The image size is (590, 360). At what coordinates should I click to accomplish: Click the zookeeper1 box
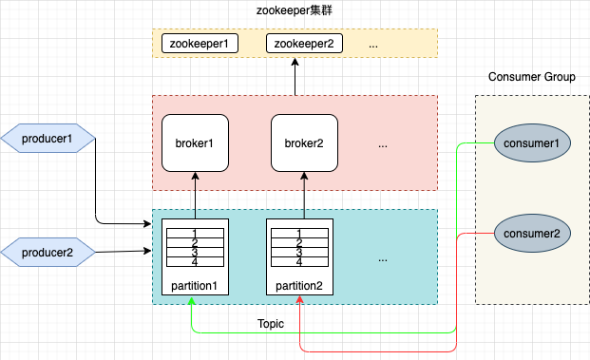pos(200,43)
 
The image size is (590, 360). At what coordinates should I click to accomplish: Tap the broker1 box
pos(195,143)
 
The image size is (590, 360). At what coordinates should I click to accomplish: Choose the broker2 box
pos(304,143)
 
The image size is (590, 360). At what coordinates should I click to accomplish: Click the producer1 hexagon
pos(48,140)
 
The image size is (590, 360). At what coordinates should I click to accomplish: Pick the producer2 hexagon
pos(48,252)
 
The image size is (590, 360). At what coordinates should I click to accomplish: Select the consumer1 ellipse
pos(531,142)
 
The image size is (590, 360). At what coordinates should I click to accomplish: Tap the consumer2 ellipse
pos(531,233)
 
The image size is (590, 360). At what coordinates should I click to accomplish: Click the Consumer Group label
pos(531,77)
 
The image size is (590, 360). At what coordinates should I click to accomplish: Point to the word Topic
pos(271,324)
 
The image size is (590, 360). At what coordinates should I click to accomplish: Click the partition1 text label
pos(195,286)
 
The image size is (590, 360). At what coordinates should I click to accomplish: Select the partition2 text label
pos(299,286)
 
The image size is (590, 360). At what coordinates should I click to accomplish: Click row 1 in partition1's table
pos(195,233)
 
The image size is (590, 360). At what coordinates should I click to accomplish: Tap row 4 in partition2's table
pos(299,262)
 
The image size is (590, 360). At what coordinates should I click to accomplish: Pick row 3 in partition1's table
pos(195,253)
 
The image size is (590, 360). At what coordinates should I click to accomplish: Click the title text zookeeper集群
pos(295,12)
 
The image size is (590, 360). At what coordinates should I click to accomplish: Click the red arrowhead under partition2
pos(300,301)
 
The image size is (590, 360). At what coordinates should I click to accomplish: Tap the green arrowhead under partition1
pos(191,301)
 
